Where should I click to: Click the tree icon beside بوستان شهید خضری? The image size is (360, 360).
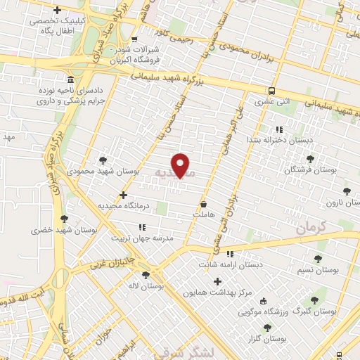(65, 219)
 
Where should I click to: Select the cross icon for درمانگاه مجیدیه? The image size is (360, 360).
(124, 195)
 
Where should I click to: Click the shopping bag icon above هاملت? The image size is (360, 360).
(203, 205)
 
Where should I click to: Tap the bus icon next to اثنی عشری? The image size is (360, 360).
(271, 91)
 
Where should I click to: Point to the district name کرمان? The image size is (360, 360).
(312, 227)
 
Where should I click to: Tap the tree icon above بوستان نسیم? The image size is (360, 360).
(320, 258)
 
